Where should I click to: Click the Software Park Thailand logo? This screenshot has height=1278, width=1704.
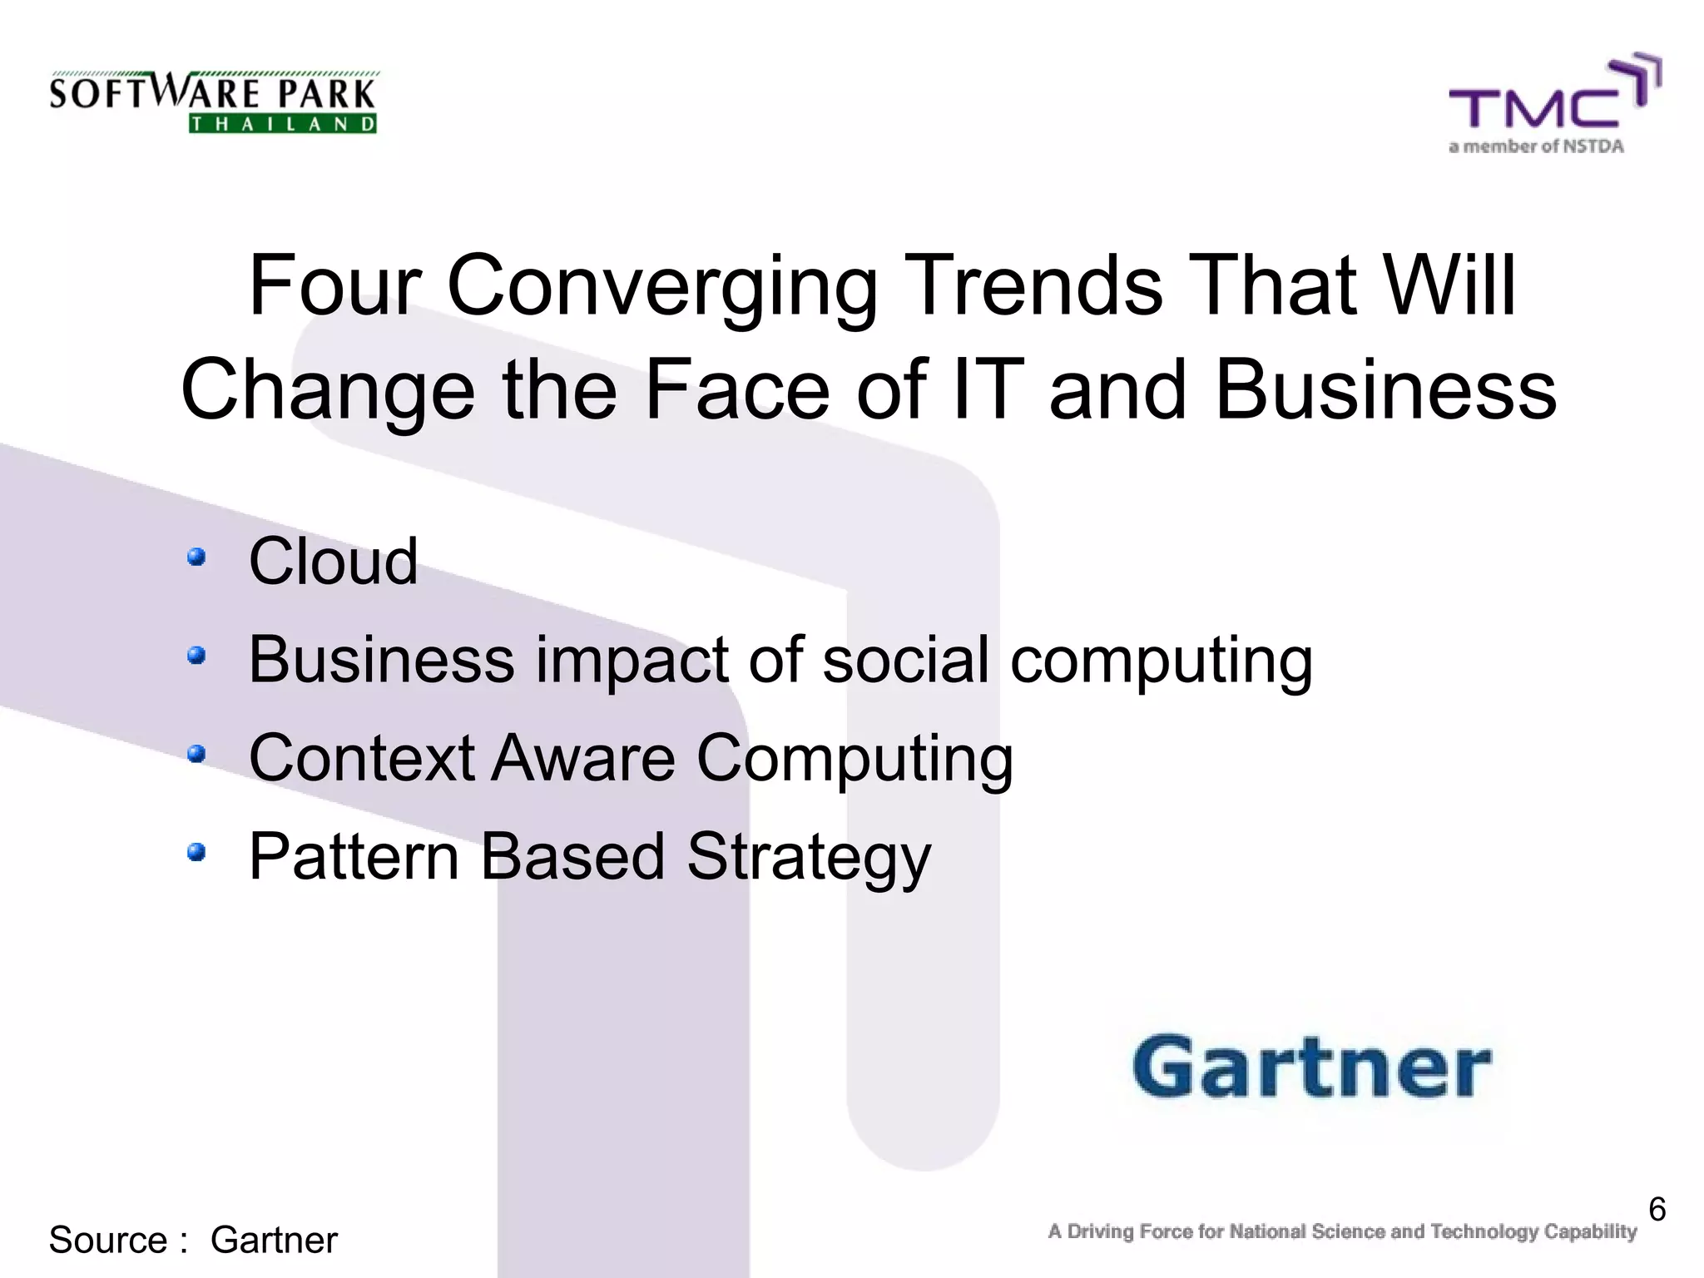click(x=213, y=102)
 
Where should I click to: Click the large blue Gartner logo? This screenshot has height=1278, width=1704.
click(x=1311, y=1067)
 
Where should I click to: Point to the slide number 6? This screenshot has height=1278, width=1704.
click(x=1657, y=1209)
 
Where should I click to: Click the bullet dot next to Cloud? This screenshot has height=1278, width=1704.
click(x=196, y=557)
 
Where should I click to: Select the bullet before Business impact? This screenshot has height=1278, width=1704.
click(x=196, y=656)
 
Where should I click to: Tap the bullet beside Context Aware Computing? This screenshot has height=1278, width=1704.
click(x=196, y=754)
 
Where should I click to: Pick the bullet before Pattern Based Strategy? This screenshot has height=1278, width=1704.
click(x=196, y=852)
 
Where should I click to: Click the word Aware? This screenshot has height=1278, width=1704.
click(x=582, y=758)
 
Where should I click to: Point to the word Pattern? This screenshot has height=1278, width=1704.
click(x=354, y=856)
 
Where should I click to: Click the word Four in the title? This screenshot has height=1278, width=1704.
click(x=336, y=286)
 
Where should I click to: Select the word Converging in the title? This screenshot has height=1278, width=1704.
click(x=661, y=288)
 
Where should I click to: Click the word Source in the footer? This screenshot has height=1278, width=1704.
click(x=109, y=1240)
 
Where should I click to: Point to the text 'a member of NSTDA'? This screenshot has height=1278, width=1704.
click(x=1536, y=147)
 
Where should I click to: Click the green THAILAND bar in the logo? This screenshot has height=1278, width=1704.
click(x=283, y=125)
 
